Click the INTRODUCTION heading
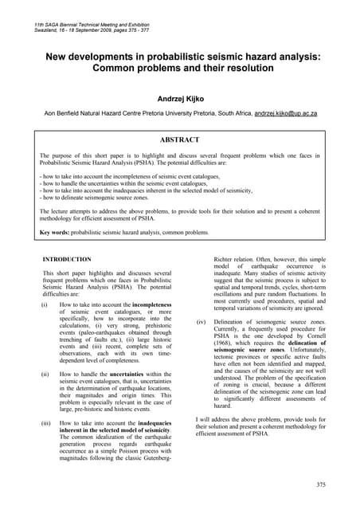click(66, 260)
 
